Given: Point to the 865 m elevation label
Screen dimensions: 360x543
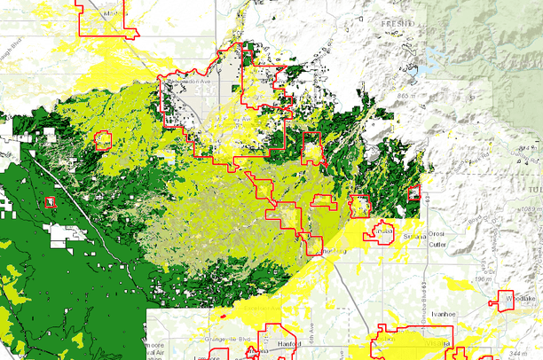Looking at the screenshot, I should [x=410, y=95].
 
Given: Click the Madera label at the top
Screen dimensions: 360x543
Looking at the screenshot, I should [x=112, y=15].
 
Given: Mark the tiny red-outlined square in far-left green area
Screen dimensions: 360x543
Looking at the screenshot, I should [x=50, y=202].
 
